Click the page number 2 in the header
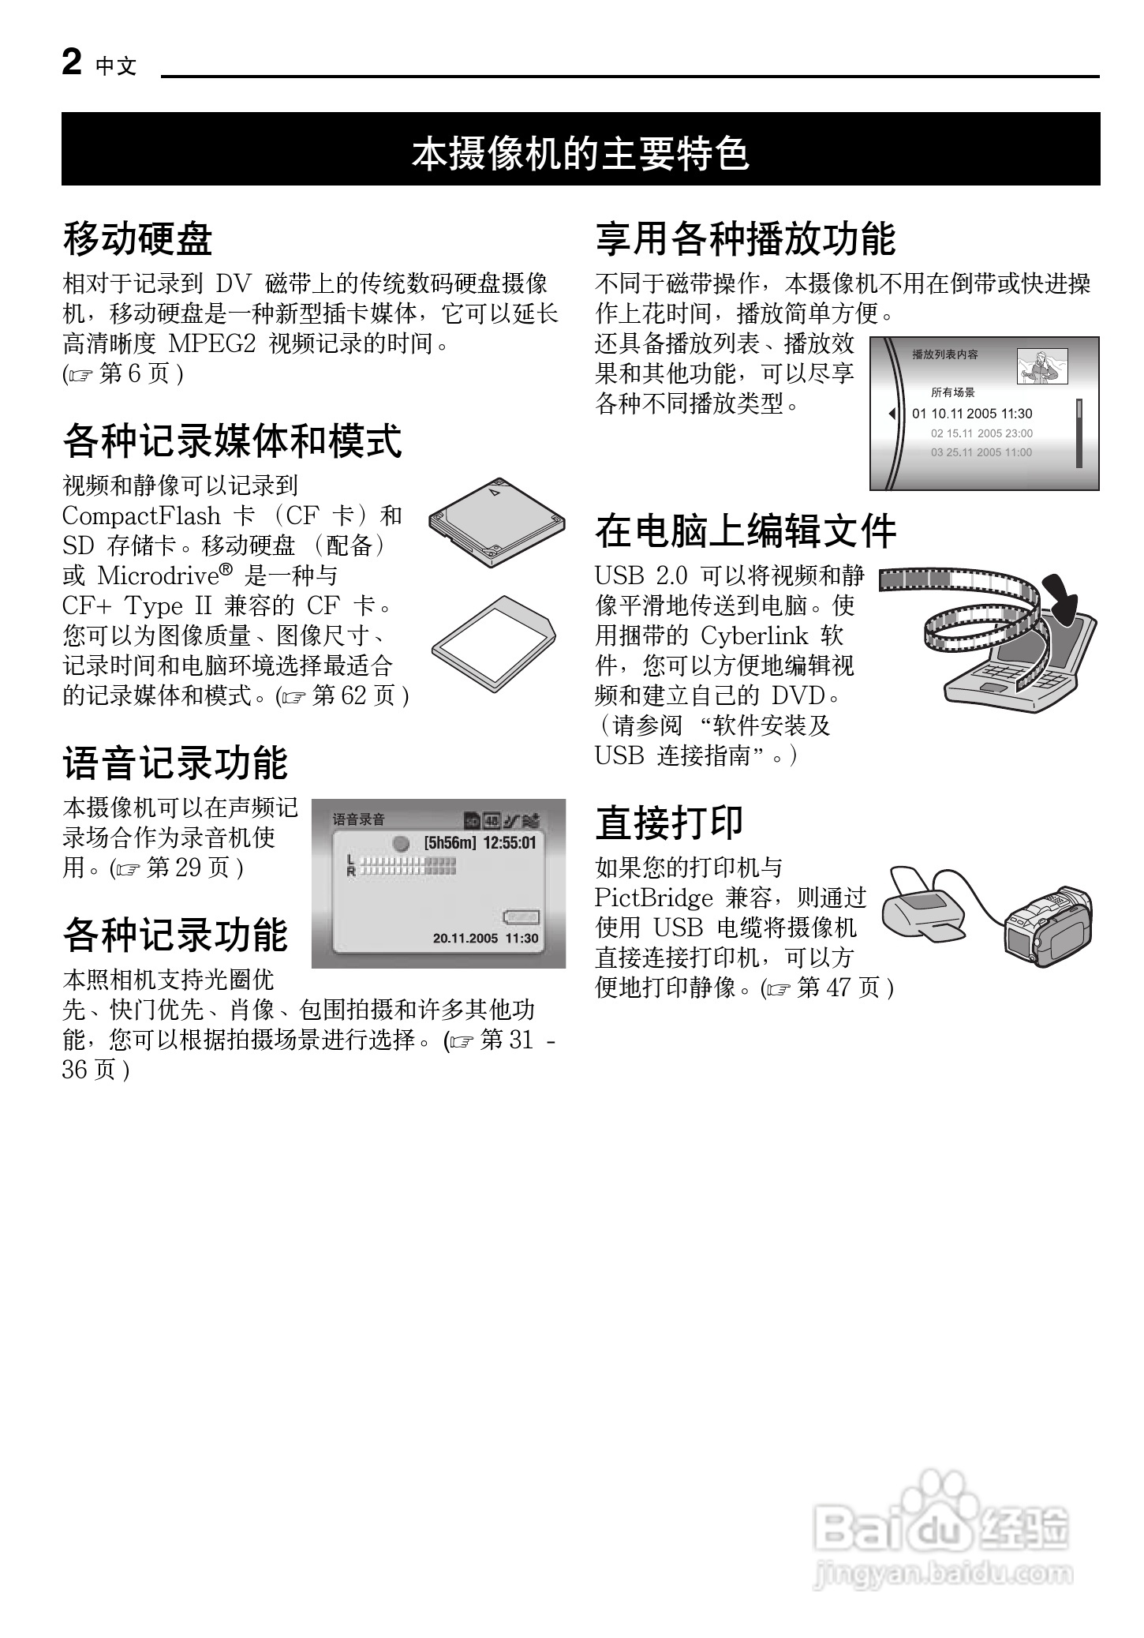pyautogui.click(x=71, y=62)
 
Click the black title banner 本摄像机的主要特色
pyautogui.click(x=581, y=150)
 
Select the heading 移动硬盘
pyautogui.click(x=137, y=238)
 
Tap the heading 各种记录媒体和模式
pyautogui.click(x=232, y=440)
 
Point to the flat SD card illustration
pyautogui.click(x=494, y=643)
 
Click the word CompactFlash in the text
pyautogui.click(x=141, y=516)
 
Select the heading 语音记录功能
pyautogui.click(x=175, y=763)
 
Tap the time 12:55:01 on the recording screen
pyautogui.click(x=509, y=843)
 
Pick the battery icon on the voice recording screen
pyautogui.click(x=521, y=917)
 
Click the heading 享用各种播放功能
pyautogui.click(x=746, y=238)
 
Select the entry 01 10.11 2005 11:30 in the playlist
pyautogui.click(x=972, y=414)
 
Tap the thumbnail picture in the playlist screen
pyautogui.click(x=1041, y=367)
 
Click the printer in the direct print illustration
pyautogui.click(x=927, y=908)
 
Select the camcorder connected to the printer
pyautogui.click(x=1049, y=928)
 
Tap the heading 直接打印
pyautogui.click(x=670, y=822)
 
